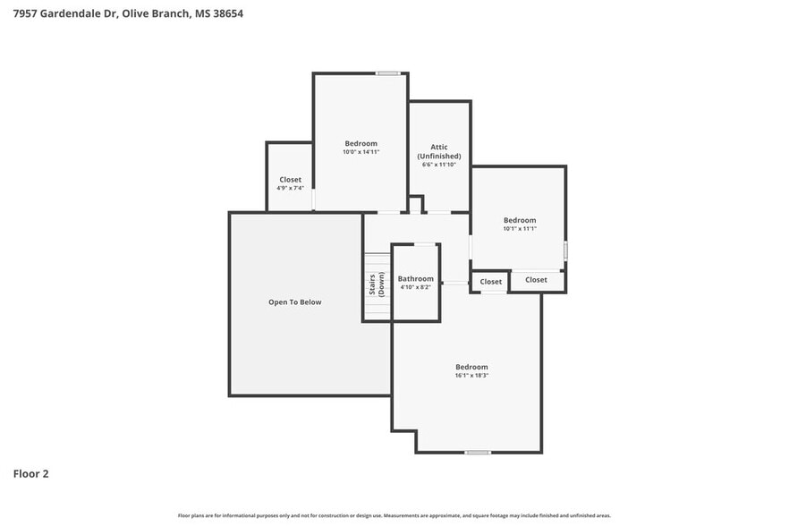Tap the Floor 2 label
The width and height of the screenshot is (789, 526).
30,473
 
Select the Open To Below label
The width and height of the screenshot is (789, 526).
294,302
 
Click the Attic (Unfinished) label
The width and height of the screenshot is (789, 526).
438,151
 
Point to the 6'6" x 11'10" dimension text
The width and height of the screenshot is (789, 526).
438,165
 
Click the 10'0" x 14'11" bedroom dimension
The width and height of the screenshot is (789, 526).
361,152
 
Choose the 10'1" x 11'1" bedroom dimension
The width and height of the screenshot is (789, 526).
519,229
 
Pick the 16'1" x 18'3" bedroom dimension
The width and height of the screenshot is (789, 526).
471,376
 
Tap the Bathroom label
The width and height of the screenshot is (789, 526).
416,278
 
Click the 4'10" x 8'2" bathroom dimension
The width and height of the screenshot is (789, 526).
416,287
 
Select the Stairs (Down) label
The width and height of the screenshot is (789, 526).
377,285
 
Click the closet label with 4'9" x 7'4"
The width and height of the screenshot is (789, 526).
290,179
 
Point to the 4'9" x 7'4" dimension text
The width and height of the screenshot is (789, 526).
290,188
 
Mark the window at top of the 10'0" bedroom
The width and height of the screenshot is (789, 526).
387,73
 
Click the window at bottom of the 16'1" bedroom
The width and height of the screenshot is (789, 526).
478,452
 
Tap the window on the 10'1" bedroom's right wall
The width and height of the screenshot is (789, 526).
565,250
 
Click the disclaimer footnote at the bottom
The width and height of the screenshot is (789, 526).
394,515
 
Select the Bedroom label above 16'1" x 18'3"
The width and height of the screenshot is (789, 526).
471,367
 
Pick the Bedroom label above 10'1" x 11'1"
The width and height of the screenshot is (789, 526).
519,220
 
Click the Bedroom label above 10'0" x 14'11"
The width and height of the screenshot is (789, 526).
361,143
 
